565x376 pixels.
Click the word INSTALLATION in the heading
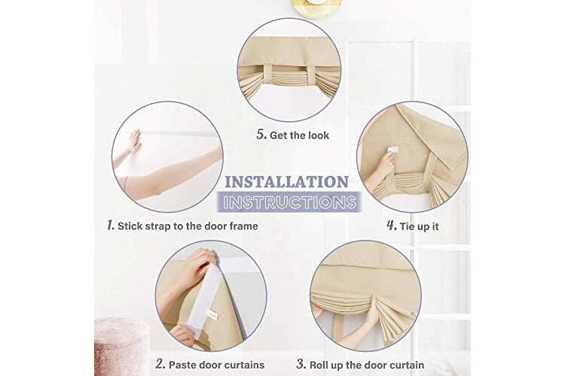point(286,182)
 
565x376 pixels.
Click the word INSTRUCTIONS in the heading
point(289,202)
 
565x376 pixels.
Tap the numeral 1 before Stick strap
point(111,226)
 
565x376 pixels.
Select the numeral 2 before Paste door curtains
point(160,364)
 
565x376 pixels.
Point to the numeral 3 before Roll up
point(301,364)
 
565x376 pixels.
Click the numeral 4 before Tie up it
point(392,226)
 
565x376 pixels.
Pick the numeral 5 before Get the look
point(261,135)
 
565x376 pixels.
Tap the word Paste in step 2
point(182,365)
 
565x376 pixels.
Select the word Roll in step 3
point(319,365)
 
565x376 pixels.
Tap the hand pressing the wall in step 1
point(135,142)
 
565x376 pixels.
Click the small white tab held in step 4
point(392,150)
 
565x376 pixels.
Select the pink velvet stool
point(121,346)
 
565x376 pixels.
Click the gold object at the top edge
point(316,8)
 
